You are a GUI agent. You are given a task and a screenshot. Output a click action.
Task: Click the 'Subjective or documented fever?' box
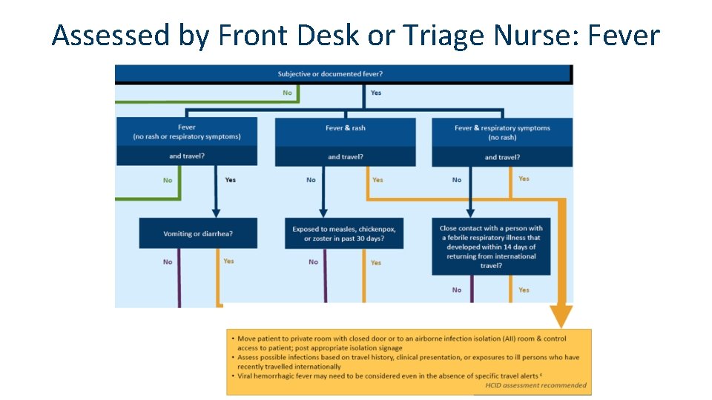click(x=330, y=73)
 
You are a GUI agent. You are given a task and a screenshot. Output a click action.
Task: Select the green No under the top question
click(x=287, y=93)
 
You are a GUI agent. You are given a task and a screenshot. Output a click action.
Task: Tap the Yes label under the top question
click(x=376, y=93)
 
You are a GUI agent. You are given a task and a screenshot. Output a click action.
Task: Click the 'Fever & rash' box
click(x=345, y=129)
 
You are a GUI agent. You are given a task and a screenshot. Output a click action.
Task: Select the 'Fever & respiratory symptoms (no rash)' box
click(x=502, y=132)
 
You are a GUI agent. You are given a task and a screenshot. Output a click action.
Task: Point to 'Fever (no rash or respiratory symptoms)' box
click(x=186, y=132)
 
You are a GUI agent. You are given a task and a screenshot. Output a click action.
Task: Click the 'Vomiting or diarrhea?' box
click(x=198, y=233)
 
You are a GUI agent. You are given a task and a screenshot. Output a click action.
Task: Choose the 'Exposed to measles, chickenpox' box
click(x=345, y=233)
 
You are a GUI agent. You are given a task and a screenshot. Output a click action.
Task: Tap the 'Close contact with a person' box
click(x=491, y=247)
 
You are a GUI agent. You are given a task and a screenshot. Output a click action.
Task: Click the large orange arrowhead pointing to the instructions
click(x=561, y=316)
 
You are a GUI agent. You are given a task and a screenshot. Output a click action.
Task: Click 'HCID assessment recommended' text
click(x=535, y=385)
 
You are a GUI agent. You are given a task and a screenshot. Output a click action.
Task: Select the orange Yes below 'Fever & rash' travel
click(x=378, y=180)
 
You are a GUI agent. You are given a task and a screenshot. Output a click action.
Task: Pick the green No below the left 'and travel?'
click(x=168, y=180)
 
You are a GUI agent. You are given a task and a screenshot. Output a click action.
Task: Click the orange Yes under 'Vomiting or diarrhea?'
click(x=228, y=261)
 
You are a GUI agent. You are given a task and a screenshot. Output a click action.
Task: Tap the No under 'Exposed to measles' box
click(x=313, y=261)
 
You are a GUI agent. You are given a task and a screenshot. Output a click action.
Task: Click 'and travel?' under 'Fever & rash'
click(x=345, y=157)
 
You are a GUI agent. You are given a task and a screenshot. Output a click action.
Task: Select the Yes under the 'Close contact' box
click(x=524, y=290)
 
